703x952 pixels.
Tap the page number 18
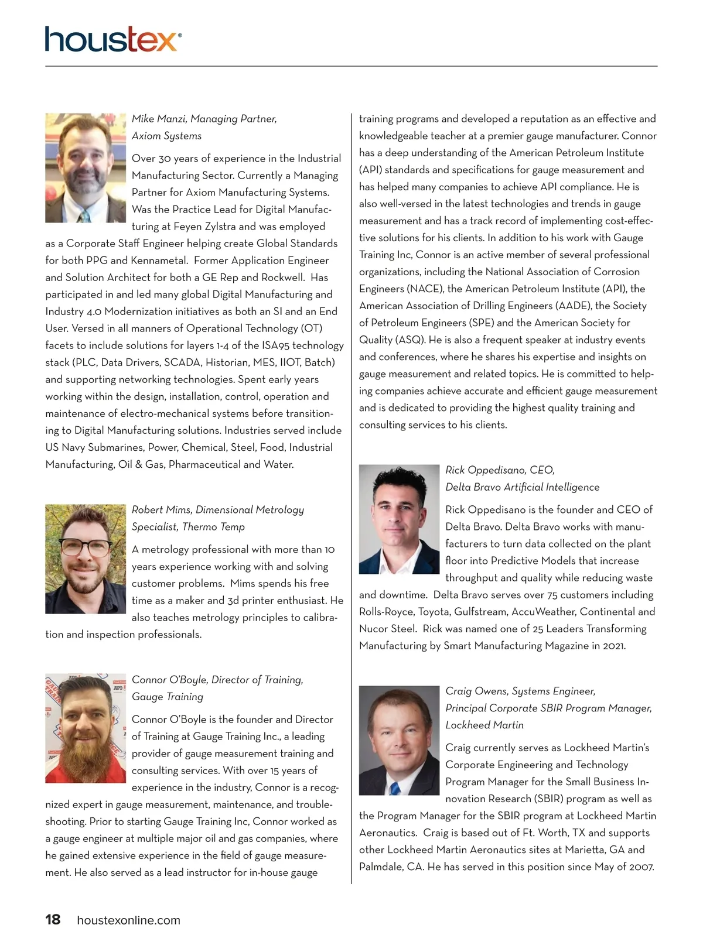[x=53, y=920]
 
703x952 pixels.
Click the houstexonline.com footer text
[x=129, y=920]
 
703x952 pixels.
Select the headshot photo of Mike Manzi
[x=86, y=167]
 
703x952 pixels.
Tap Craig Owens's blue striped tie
[x=395, y=787]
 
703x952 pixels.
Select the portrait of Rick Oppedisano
[x=399, y=519]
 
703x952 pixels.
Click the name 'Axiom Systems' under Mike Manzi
[x=166, y=136]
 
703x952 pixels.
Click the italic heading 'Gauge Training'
[x=168, y=697]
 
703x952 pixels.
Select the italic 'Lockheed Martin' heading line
[x=484, y=725]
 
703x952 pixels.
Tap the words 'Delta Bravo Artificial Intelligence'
[x=523, y=487]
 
